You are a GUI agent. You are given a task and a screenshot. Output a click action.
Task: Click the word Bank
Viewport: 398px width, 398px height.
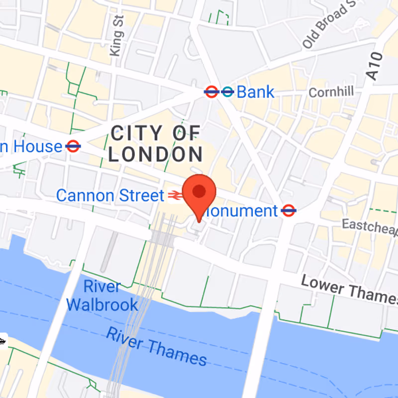255,92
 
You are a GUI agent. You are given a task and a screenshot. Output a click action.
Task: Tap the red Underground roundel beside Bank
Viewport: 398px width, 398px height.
211,92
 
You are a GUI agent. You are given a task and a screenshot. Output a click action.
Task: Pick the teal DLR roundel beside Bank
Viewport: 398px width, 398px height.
227,92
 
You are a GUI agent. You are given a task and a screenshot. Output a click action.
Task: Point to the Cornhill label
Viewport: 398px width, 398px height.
331,92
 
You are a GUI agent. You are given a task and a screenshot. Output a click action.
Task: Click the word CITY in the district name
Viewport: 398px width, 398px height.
136,133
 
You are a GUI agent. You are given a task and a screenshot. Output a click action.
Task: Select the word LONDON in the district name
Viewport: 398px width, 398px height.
155,155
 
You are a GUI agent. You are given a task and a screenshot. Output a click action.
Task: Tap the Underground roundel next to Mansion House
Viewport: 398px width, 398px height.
73,146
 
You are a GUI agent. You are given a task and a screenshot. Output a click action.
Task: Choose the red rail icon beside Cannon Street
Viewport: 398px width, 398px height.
174,196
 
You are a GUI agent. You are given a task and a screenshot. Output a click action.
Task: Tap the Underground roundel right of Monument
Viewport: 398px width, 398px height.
289,210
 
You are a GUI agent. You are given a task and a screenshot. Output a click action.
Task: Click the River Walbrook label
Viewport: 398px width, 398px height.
102,296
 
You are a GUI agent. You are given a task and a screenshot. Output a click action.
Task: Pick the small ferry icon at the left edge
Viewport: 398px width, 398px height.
2,341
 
